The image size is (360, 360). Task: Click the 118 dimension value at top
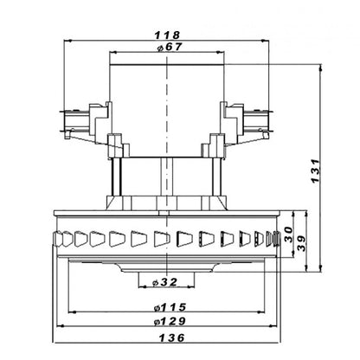coord(167,35)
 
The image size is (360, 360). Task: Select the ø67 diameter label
coord(170,47)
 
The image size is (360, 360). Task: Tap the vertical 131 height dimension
coord(316,170)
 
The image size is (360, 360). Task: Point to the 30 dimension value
coord(288,235)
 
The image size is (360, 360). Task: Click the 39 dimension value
coord(301,243)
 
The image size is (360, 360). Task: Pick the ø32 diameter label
coord(164,282)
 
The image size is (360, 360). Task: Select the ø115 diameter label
coord(170,307)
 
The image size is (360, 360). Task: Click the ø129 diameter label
coord(170,321)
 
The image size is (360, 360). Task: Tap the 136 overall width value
coord(171,337)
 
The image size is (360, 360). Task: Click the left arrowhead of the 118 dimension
coord(67,42)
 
